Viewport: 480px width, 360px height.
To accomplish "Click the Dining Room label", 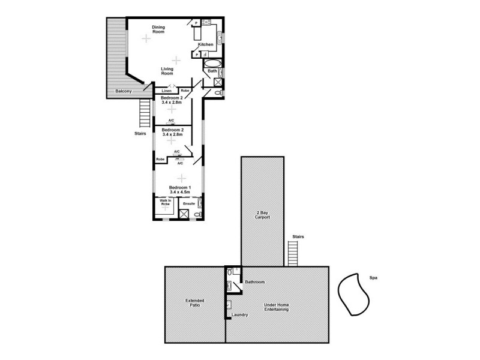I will pos(158,29).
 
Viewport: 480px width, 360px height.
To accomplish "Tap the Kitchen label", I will pos(206,45).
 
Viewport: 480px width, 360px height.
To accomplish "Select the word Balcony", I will pos(124,91).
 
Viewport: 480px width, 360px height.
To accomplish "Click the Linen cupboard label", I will pos(166,91).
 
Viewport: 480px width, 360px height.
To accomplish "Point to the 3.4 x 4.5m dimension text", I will pos(179,192).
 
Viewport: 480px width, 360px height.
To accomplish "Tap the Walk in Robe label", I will pos(164,202).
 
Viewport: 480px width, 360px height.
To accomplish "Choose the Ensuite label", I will pos(189,204).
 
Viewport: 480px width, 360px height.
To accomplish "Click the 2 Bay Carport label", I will pos(262,215).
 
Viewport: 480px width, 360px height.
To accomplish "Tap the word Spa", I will pos(365,277).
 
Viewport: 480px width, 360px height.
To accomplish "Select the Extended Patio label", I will pos(194,302).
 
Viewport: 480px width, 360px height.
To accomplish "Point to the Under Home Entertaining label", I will pos(277,307).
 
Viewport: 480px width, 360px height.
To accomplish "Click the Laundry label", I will pos(239,314).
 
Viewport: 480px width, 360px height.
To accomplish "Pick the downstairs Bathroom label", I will pos(254,281).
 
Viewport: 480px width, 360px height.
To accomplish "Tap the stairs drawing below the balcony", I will pos(145,112).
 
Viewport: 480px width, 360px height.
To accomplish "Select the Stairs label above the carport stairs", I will pos(298,237).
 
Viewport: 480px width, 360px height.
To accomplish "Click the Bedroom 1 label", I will pos(179,187).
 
